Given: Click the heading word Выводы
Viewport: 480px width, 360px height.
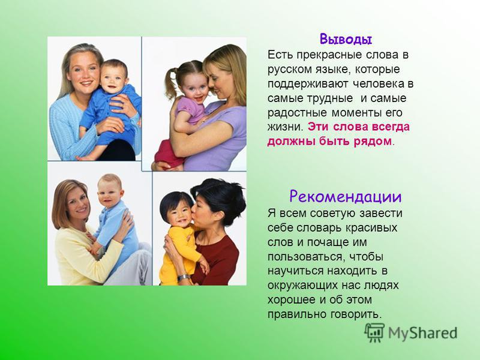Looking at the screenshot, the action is coord(346,40).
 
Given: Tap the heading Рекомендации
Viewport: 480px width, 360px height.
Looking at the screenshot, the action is coord(346,196).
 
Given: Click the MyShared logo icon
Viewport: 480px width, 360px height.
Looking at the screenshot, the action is coord(374,332).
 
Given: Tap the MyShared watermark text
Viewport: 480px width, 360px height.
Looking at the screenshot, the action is coord(422,333).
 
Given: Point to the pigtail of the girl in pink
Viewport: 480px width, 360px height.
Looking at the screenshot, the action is coord(170,82).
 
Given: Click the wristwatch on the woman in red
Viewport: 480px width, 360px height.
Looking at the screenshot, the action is coord(183,278).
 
